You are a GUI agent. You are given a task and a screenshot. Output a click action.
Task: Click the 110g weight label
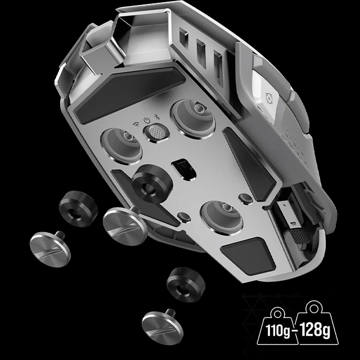pyautogui.click(x=278, y=330)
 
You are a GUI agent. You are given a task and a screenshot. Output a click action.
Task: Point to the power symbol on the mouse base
pyautogui.click(x=146, y=120)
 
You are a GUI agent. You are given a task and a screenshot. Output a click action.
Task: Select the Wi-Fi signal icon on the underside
pyautogui.click(x=136, y=124)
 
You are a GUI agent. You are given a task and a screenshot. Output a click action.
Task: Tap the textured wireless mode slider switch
pyautogui.click(x=156, y=133)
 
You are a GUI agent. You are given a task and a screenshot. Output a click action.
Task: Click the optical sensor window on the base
pyautogui.click(x=184, y=169)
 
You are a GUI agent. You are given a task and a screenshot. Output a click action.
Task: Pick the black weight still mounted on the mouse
pyautogui.click(x=152, y=183)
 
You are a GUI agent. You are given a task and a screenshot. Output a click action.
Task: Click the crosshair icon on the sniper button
pyautogui.click(x=269, y=98)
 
